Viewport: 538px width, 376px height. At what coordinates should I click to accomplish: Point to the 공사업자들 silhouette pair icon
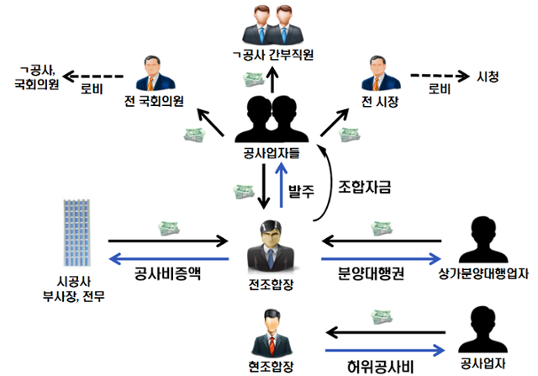270,119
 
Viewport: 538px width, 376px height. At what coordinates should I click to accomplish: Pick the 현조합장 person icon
271,331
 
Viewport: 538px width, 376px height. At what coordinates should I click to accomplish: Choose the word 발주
301,191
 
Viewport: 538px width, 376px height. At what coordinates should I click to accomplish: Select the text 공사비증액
168,274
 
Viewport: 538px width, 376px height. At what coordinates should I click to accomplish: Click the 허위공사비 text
378,367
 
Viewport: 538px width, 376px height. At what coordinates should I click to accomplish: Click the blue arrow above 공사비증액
168,258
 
